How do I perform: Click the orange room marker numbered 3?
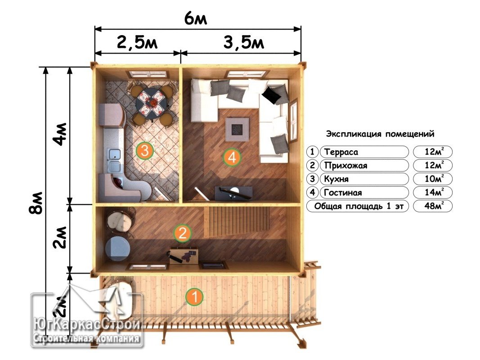tap(145, 151)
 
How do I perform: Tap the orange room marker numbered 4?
tap(232, 157)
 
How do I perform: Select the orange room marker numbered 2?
tap(183, 233)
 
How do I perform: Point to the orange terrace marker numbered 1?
tap(194, 297)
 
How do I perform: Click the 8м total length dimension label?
tap(36, 202)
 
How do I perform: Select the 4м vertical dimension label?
tap(59, 134)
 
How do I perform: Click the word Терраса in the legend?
tap(341, 152)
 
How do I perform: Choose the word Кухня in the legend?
tap(336, 179)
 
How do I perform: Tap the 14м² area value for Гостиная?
tap(434, 192)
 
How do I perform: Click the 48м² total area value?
tap(434, 205)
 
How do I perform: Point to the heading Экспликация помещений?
tap(380, 134)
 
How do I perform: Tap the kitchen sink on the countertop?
tap(115, 160)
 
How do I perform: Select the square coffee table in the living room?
tap(237, 129)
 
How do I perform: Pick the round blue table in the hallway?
tap(117, 248)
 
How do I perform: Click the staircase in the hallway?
tap(237, 222)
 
